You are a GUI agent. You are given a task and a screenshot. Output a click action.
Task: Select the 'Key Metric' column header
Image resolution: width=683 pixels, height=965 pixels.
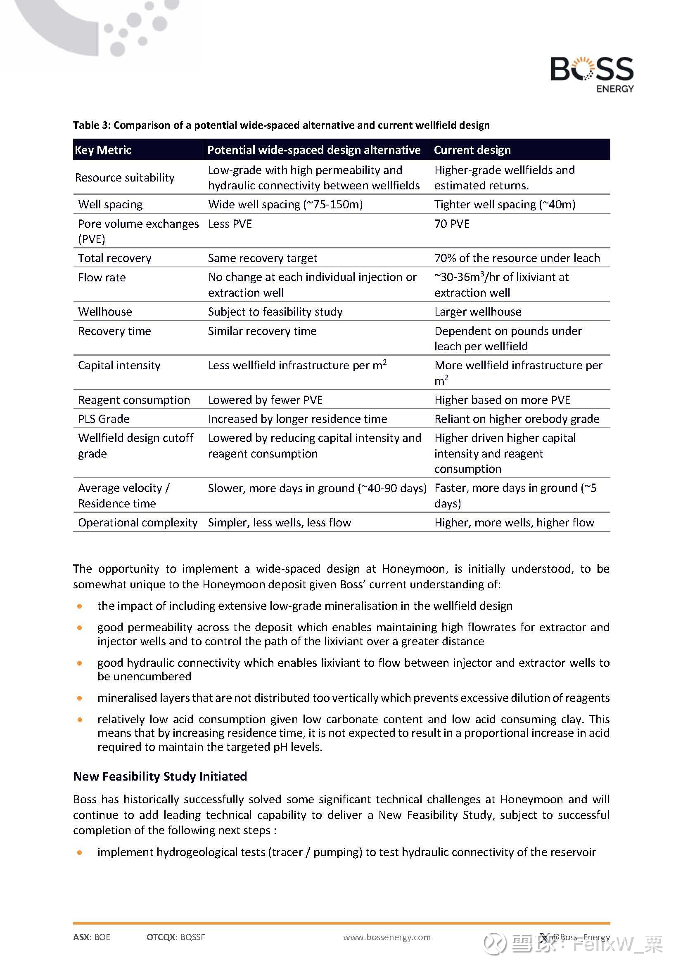pos(103,150)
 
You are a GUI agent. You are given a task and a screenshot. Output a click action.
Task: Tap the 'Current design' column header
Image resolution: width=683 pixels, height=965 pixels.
pos(472,150)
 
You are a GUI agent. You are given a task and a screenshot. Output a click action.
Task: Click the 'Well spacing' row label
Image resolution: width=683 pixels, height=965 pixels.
pos(110,204)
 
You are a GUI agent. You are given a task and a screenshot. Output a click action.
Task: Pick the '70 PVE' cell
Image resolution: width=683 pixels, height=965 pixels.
pos(452,224)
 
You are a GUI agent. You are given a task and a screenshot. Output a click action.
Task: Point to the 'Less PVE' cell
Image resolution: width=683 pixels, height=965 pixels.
pos(230,224)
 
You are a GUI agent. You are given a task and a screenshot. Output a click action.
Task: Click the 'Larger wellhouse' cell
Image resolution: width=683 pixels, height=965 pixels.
pos(478,311)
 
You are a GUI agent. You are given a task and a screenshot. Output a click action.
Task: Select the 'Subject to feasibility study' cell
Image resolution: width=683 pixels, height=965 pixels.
pos(275,311)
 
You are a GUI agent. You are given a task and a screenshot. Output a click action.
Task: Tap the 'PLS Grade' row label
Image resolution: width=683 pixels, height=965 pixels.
pos(104,419)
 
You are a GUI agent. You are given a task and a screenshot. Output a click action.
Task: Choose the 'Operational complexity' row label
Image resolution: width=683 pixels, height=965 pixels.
pos(138,522)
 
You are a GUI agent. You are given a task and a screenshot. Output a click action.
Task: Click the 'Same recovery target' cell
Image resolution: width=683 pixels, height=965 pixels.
pos(263,258)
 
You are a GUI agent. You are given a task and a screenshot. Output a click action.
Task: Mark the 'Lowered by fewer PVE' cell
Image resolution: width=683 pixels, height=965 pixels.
pos(265,400)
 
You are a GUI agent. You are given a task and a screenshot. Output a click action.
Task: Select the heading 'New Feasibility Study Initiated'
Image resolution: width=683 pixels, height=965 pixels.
pos(160,776)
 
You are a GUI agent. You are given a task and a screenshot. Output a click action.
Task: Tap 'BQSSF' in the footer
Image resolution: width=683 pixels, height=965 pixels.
pos(192,937)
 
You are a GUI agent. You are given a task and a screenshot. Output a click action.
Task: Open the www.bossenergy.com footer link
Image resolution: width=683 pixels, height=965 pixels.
pos(387,937)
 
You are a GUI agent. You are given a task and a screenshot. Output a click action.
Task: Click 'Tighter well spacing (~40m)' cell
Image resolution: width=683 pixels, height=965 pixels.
pos(505,204)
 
